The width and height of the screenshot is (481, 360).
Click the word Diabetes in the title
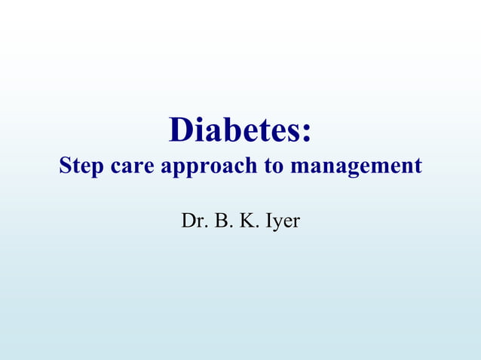tap(234, 130)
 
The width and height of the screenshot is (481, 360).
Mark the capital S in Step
tap(66, 165)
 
